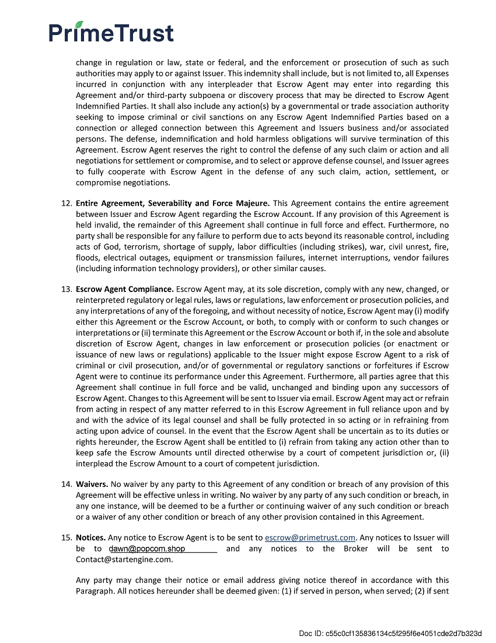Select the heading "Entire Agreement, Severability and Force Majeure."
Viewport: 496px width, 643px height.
[173, 203]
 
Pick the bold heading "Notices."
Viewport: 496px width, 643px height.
[90, 537]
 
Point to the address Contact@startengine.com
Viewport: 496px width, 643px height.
[124, 560]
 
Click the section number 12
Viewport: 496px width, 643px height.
[65, 203]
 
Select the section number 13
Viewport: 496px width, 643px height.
[65, 289]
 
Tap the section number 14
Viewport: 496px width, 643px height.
[65, 484]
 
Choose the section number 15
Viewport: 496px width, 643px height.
[65, 537]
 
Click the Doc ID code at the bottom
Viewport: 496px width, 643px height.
[390, 633]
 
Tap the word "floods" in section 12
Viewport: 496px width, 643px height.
[87, 258]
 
